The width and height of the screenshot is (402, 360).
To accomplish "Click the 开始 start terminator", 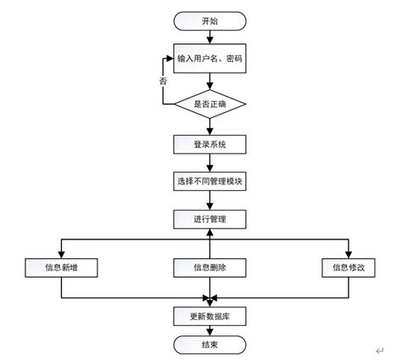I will coord(209,20).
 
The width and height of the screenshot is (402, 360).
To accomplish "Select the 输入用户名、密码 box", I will coord(209,58).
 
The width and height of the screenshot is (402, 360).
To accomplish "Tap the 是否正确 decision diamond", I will coord(209,103).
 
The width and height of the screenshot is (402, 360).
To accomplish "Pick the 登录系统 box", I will coord(209,144).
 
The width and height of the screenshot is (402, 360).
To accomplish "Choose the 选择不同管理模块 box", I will coord(209,182).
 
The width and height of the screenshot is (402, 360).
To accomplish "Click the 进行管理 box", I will coord(209,219).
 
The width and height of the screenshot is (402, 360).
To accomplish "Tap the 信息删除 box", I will coord(209,267).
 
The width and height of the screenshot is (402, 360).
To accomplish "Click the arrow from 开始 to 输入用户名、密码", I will coord(209,36).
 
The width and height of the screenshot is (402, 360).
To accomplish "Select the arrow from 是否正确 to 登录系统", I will coord(209,126).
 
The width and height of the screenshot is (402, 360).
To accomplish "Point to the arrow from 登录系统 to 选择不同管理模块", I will coord(209,163).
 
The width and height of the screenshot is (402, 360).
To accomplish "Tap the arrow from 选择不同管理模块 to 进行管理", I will coord(209,200).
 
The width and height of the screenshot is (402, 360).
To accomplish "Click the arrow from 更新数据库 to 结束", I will coord(209,329).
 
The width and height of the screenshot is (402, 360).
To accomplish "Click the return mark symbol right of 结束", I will coord(381,349).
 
